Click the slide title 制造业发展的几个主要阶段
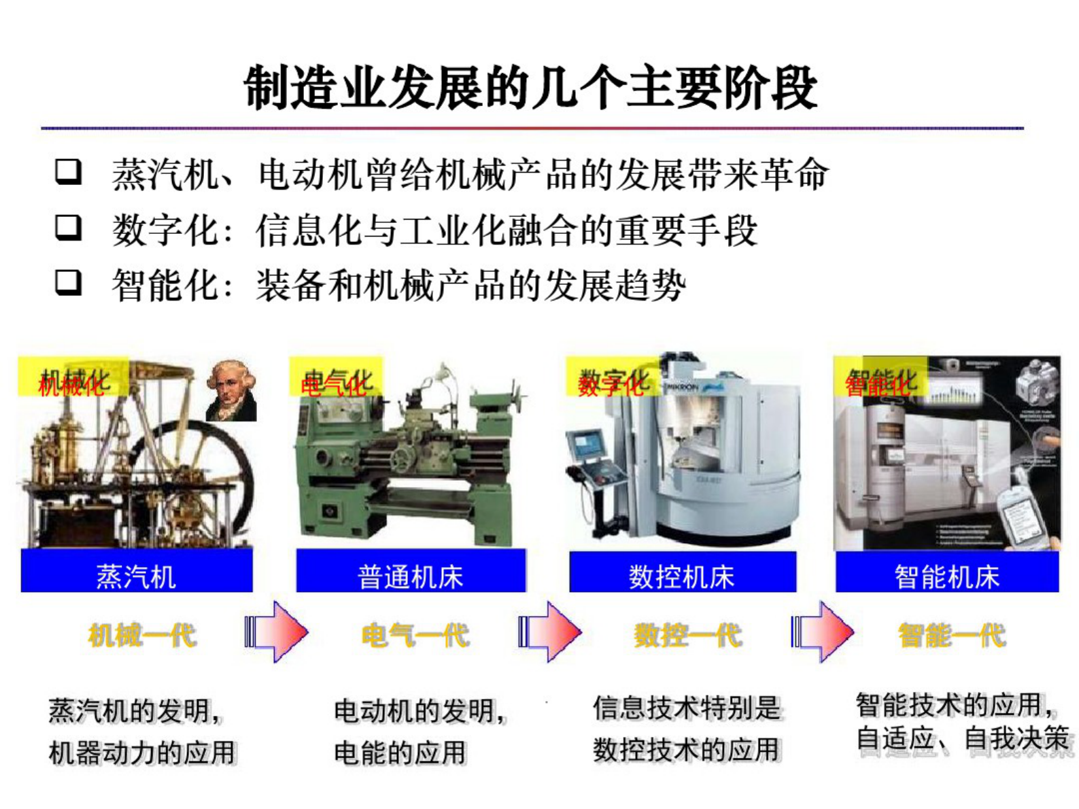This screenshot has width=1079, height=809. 530,88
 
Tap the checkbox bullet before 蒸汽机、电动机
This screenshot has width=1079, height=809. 69,173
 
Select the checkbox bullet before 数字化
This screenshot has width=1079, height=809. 69,228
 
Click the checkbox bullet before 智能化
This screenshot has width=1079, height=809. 69,283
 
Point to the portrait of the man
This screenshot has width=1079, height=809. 231,391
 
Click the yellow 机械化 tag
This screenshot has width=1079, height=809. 73,378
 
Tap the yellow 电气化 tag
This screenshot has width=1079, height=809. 337,378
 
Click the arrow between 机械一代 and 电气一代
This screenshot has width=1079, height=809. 277,632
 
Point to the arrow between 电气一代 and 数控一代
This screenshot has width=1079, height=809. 550,632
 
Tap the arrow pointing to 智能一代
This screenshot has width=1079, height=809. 823,632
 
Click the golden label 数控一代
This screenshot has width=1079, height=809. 687,636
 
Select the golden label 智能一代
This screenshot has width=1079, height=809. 952,636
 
